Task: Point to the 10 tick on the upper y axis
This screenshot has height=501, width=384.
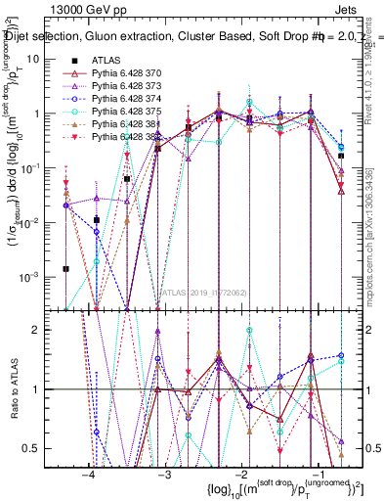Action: click(x=43, y=59)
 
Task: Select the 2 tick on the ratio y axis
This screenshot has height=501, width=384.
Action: click(x=46, y=330)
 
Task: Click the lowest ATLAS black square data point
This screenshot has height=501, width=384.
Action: click(x=65, y=268)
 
